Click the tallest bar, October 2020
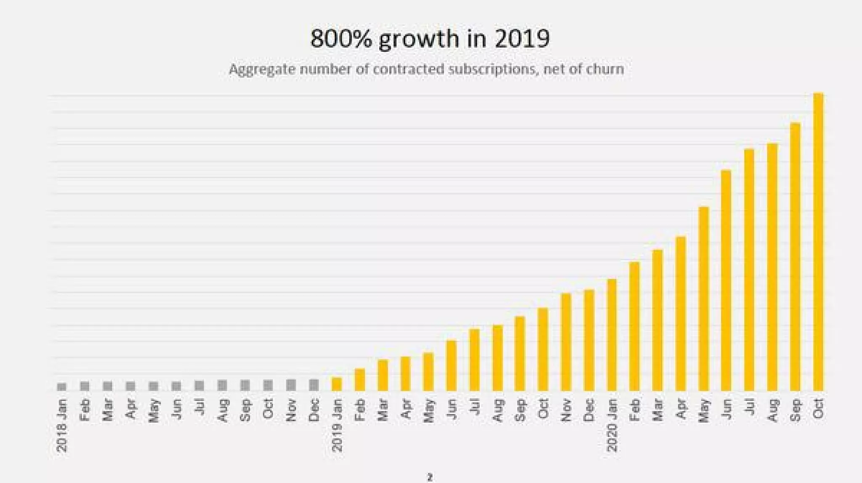pos(818,242)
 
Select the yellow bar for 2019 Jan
pos(337,384)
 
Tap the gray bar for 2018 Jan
pos(61,387)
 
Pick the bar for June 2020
pos(726,280)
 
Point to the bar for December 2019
pos(589,340)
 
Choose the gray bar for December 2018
pos(314,385)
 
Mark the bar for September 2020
pos(795,257)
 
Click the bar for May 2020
pos(703,299)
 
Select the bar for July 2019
pos(474,360)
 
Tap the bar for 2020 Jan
pos(612,335)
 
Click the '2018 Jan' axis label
pos(62,425)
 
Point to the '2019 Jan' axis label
pos(337,425)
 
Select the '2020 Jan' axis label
pos(612,425)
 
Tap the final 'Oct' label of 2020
pos(818,409)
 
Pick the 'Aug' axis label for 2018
pos(222,410)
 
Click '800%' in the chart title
pos(341,39)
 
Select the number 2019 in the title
pos(522,39)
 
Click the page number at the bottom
pos(430,478)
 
